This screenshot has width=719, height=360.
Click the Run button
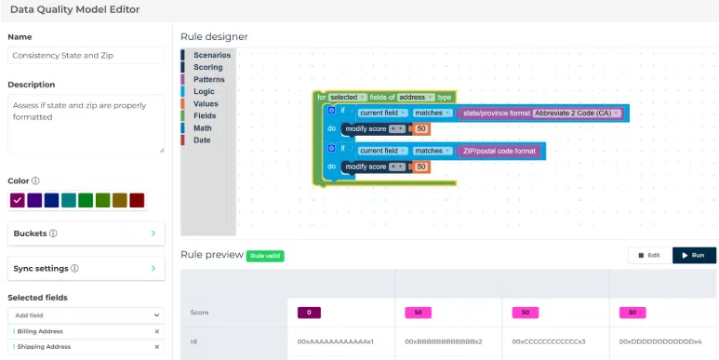pos(694,255)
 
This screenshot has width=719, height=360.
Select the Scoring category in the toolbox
pos(207,68)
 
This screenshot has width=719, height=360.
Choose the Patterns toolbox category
pos(208,80)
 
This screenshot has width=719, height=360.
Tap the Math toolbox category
pos(203,128)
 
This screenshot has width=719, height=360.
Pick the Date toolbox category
pos(202,140)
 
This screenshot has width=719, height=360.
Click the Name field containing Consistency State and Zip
pos(86,56)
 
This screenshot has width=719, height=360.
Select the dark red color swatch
pos(137,200)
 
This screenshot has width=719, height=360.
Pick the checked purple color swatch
pos(18,200)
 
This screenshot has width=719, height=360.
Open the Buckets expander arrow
pos(153,233)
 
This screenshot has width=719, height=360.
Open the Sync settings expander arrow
pos(153,268)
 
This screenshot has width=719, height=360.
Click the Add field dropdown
pos(86,315)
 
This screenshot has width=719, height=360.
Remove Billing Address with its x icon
pos(156,331)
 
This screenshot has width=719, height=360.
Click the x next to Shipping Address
pos(156,347)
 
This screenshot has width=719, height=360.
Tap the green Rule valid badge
pos(264,255)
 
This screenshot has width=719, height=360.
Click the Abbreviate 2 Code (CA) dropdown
pos(578,113)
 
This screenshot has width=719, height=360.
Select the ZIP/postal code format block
pos(499,151)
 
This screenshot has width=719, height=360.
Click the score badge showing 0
pos(310,313)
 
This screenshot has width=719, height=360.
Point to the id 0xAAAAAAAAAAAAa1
pos(336,342)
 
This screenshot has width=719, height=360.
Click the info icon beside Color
pos(36,181)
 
